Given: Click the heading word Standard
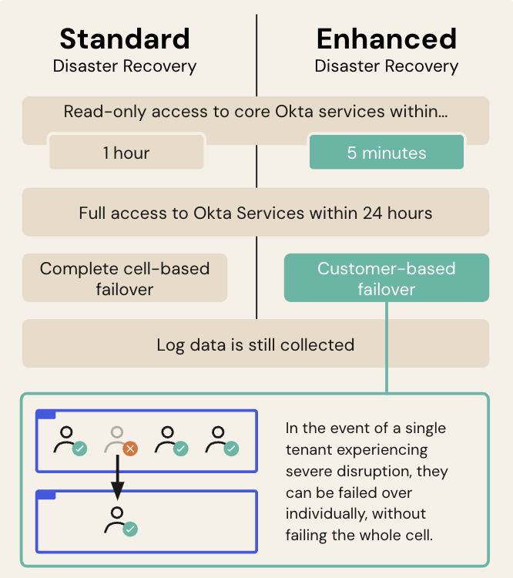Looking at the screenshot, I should pyautogui.click(x=124, y=39).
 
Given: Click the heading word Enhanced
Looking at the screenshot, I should pyautogui.click(x=386, y=39).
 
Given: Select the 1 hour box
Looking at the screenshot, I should pyautogui.click(x=126, y=153).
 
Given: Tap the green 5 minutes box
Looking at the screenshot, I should pyautogui.click(x=386, y=153).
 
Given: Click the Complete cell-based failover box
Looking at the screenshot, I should pyautogui.click(x=125, y=278).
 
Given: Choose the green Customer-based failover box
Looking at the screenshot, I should pyautogui.click(x=386, y=278).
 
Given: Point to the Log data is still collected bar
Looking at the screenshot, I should pyautogui.click(x=255, y=344).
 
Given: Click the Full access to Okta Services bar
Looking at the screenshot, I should pyautogui.click(x=255, y=212).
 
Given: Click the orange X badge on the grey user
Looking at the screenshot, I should pyautogui.click(x=130, y=449).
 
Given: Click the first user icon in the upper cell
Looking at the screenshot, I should pyautogui.click(x=68, y=440).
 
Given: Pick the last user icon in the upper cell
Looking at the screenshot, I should pyautogui.click(x=220, y=440).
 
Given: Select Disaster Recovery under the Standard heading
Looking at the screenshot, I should pyautogui.click(x=124, y=66).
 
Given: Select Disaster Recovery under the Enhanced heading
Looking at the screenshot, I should pyautogui.click(x=386, y=66).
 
